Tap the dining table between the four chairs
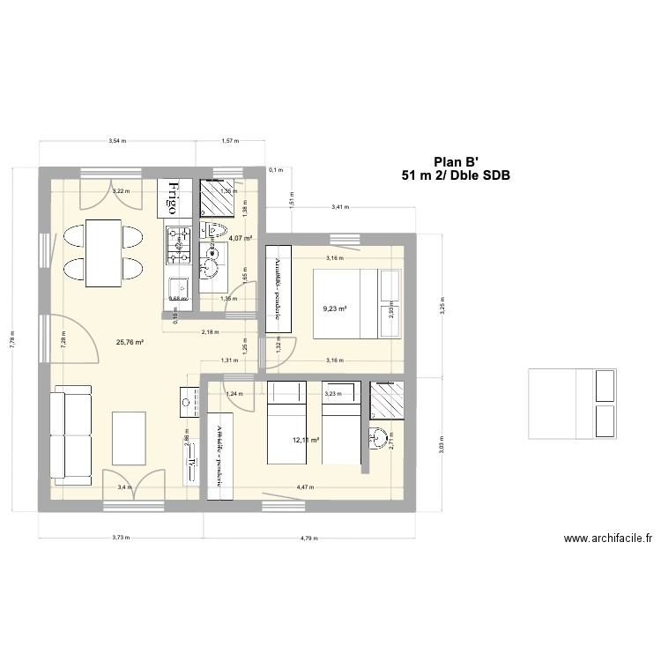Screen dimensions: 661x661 point(103,253)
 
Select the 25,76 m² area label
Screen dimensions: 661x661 point(129,342)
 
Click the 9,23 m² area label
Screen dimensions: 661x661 point(334,309)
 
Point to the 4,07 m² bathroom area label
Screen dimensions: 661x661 point(241,238)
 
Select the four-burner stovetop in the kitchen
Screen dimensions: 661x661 point(180,244)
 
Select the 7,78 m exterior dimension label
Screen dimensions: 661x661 point(12,347)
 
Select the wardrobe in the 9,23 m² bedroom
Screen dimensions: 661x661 point(278,288)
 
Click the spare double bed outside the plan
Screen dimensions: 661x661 point(570,403)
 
